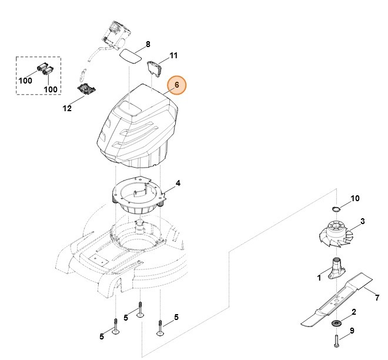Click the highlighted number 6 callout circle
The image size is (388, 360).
tap(176, 86)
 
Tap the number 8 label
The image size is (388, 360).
tap(148, 44)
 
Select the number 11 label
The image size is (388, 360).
tap(173, 56)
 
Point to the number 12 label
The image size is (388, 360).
tap(67, 108)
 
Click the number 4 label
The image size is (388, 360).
tap(178, 183)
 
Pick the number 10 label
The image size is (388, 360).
tap(354, 198)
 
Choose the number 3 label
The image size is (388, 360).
tap(363, 221)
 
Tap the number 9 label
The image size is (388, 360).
tap(352, 331)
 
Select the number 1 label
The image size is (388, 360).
tap(319, 277)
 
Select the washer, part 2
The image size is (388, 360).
tap(337, 323)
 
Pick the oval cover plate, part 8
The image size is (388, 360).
tap(131, 54)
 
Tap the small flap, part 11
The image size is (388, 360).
tap(156, 68)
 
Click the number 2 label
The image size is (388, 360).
tap(353, 312)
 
